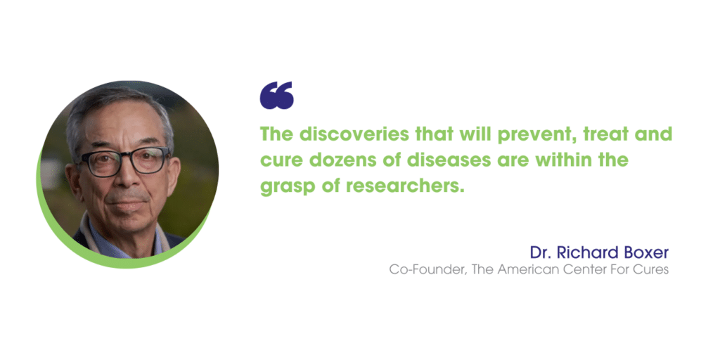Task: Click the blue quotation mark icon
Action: [276, 96]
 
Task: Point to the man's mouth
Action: [127, 203]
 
